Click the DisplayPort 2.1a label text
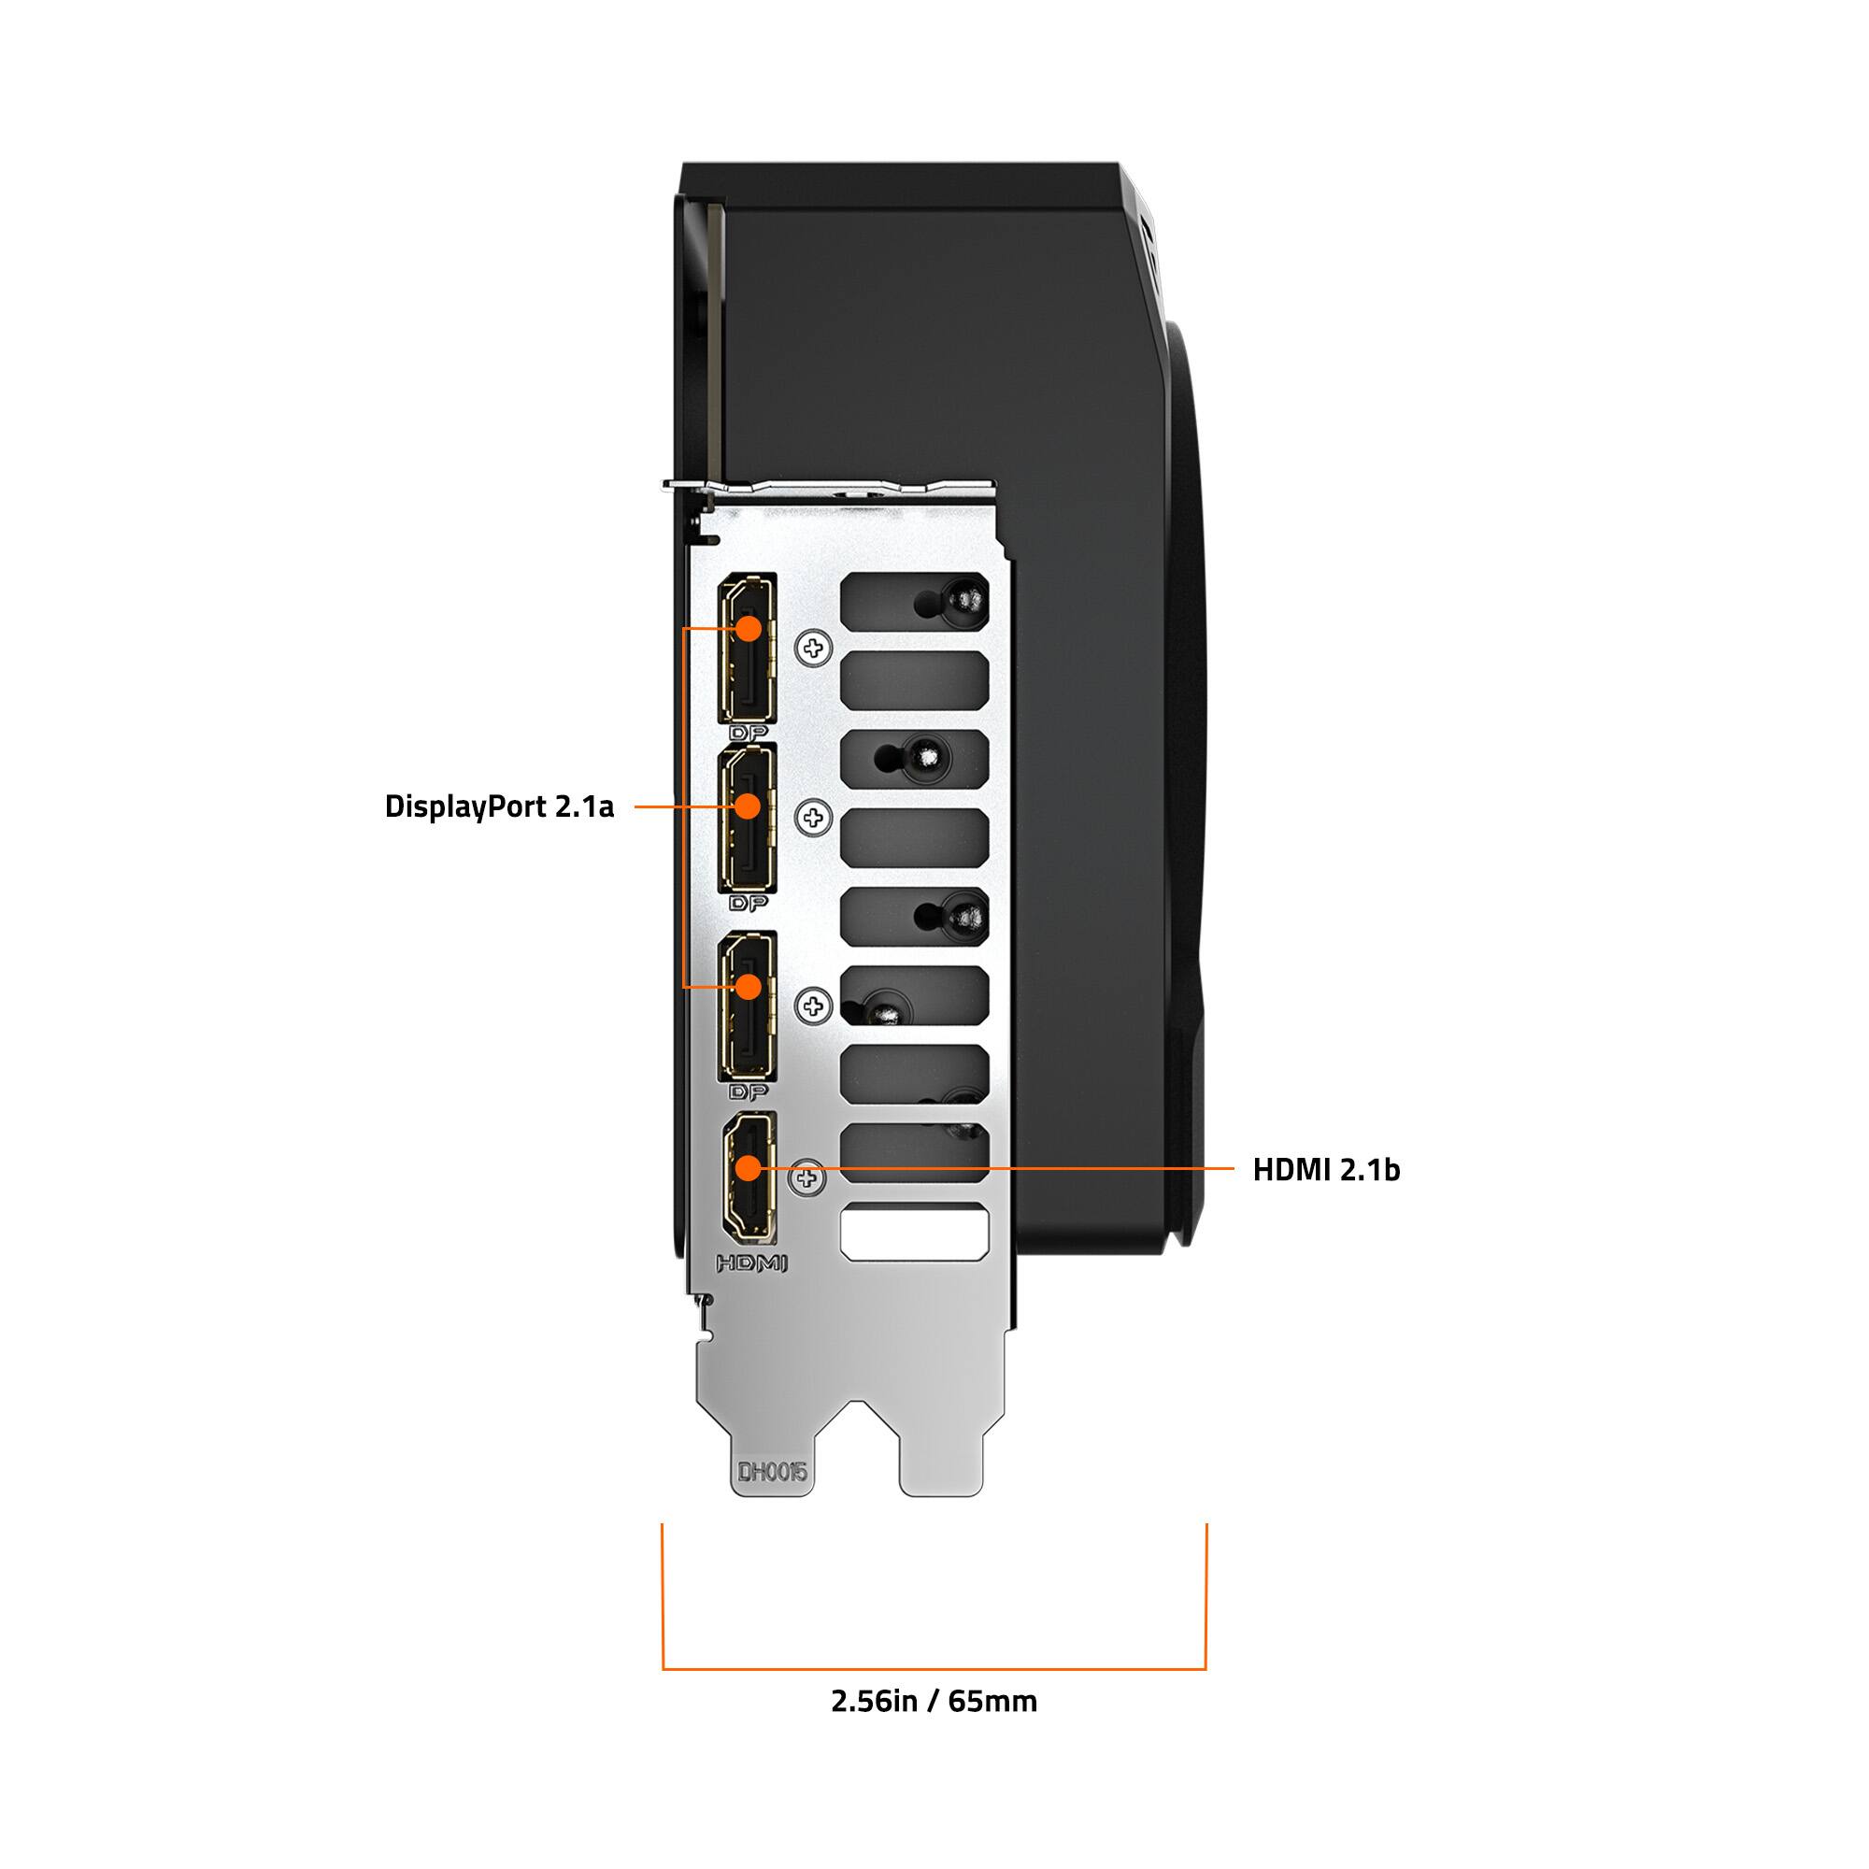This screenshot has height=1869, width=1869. coord(499,806)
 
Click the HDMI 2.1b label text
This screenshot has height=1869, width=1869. coord(1325,1170)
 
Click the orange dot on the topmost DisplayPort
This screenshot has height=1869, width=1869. coord(748,628)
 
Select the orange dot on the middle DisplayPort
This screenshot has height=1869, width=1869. coord(748,806)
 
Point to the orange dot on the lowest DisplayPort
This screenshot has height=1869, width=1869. coord(748,986)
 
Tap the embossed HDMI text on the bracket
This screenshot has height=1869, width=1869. coord(752,1263)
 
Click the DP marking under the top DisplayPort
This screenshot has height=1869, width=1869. coord(749,734)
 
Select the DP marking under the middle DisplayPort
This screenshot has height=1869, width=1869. coord(749,904)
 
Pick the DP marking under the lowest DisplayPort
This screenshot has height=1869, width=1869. coord(749,1092)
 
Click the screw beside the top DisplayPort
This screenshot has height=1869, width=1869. coord(814,649)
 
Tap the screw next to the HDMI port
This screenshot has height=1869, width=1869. coord(806,1177)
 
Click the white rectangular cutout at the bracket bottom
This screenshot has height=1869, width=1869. coord(915,1232)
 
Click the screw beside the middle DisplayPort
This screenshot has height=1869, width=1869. coord(814,819)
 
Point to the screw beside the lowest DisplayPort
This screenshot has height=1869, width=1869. coord(814,1006)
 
